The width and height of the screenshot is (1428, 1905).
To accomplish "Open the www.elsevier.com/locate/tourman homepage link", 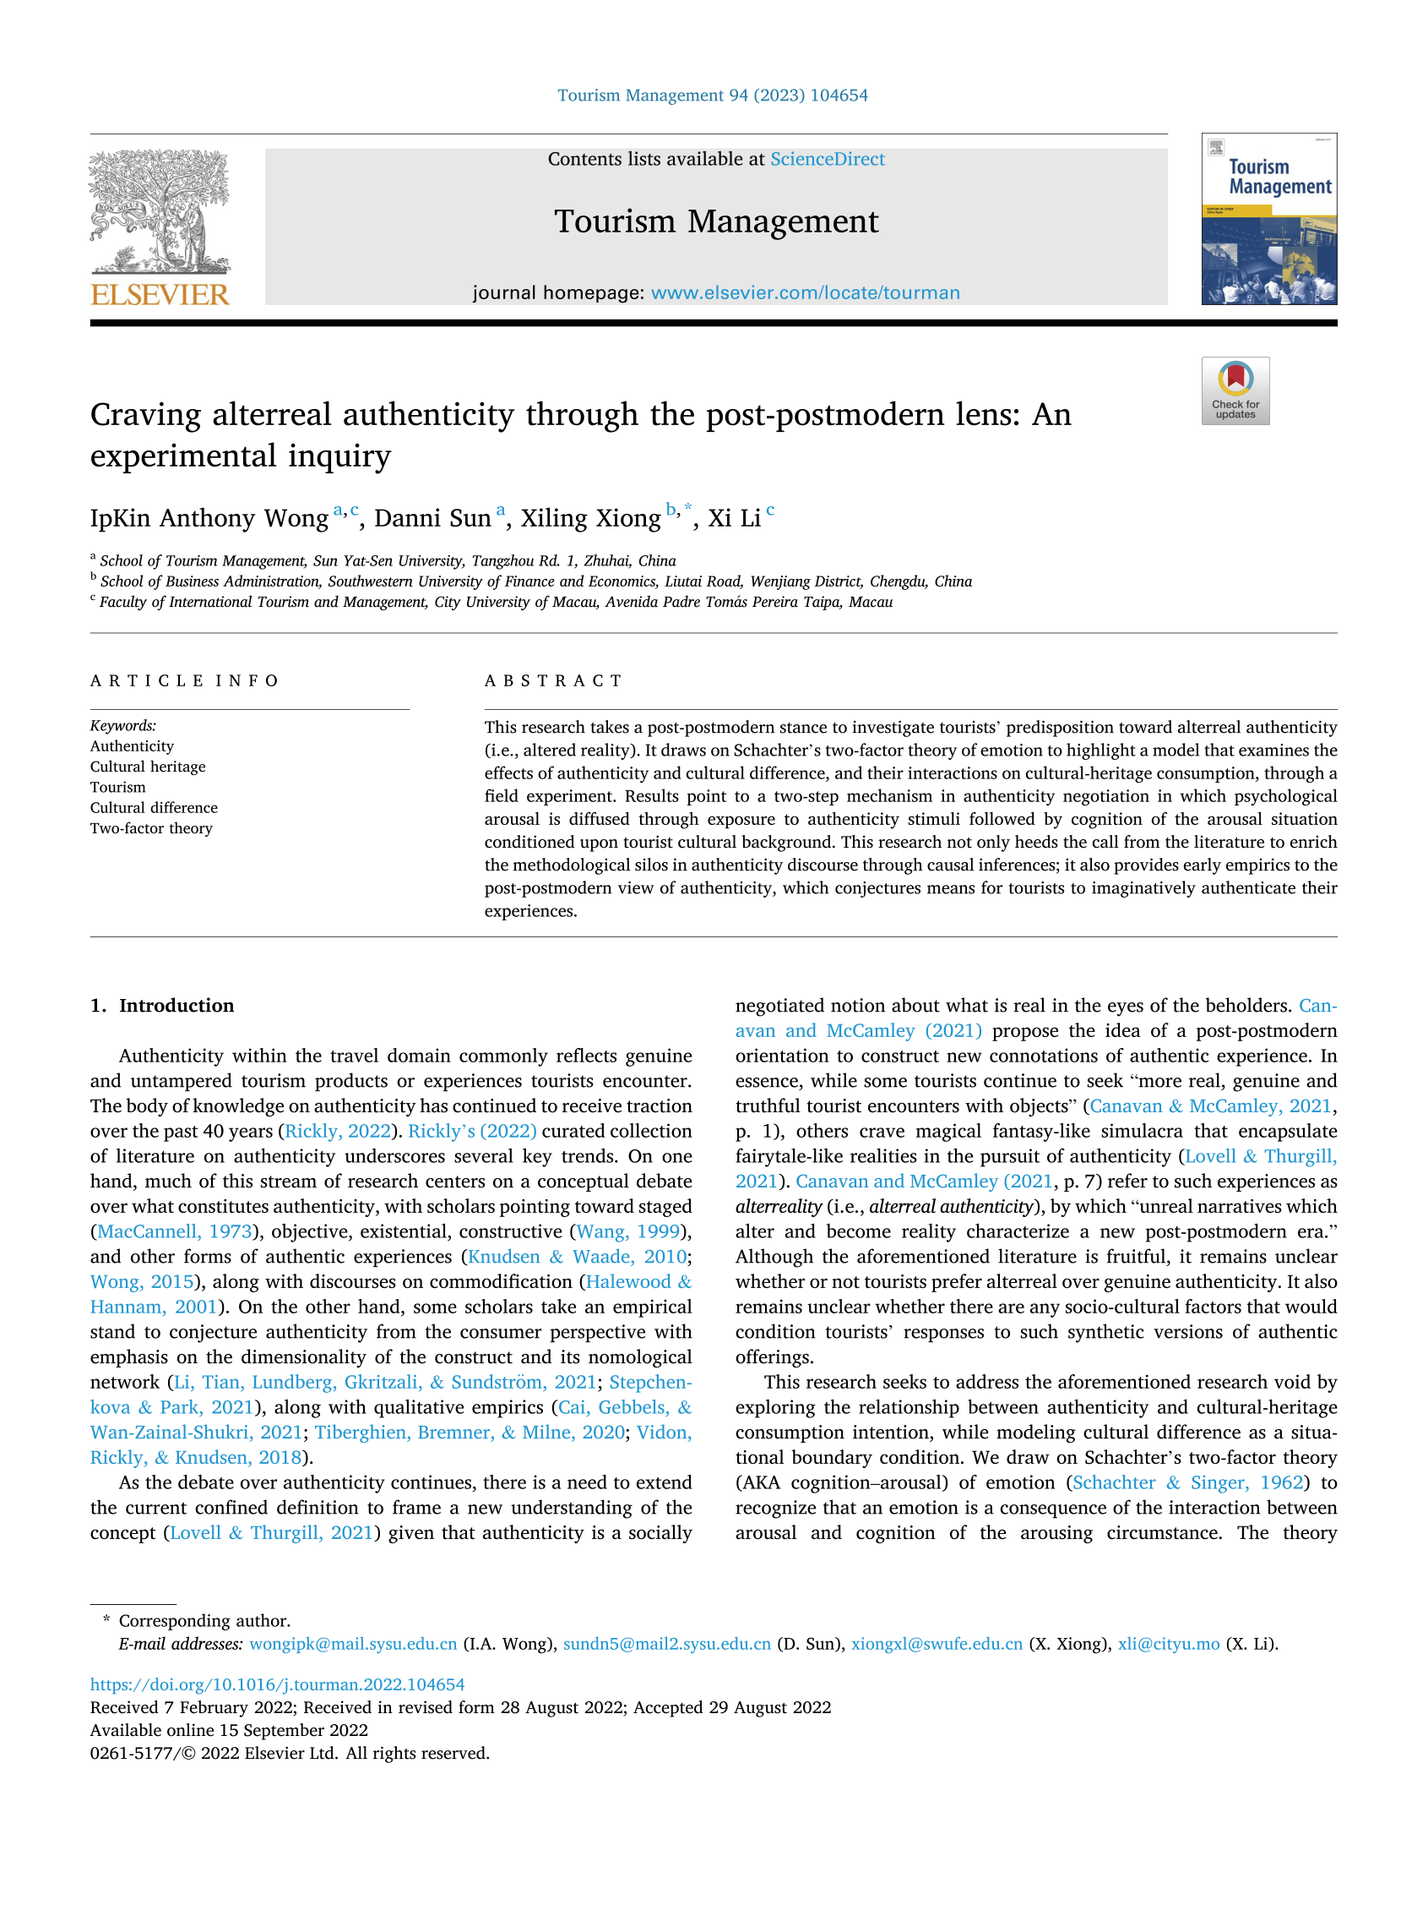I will [x=805, y=292].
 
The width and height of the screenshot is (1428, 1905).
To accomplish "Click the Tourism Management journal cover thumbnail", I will [x=1268, y=219].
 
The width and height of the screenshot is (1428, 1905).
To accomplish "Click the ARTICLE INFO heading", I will [x=185, y=681].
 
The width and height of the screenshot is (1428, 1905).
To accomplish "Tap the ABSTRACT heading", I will [x=553, y=681].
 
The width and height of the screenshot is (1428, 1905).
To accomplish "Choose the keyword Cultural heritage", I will [x=148, y=767].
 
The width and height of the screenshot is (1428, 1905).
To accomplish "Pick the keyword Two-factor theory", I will [x=151, y=828].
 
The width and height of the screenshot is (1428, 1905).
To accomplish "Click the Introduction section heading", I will [x=176, y=1006].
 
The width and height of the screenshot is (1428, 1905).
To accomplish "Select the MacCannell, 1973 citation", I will [x=175, y=1231].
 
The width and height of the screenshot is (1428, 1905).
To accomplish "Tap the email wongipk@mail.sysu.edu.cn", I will [x=353, y=1643].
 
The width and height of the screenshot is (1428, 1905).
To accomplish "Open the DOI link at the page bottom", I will [x=277, y=1684].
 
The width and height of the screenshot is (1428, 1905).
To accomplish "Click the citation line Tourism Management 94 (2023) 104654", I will [x=713, y=96].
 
